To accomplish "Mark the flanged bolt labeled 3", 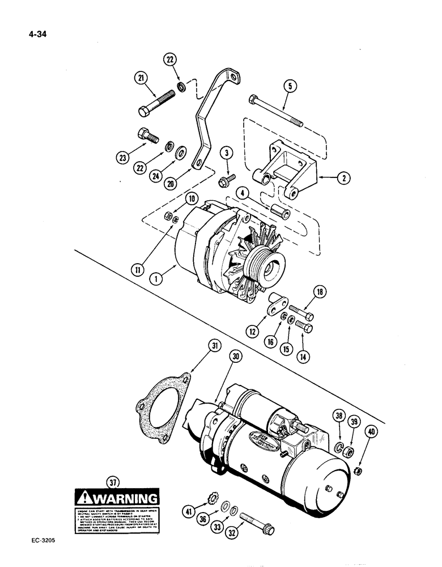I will [x=226, y=181].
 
